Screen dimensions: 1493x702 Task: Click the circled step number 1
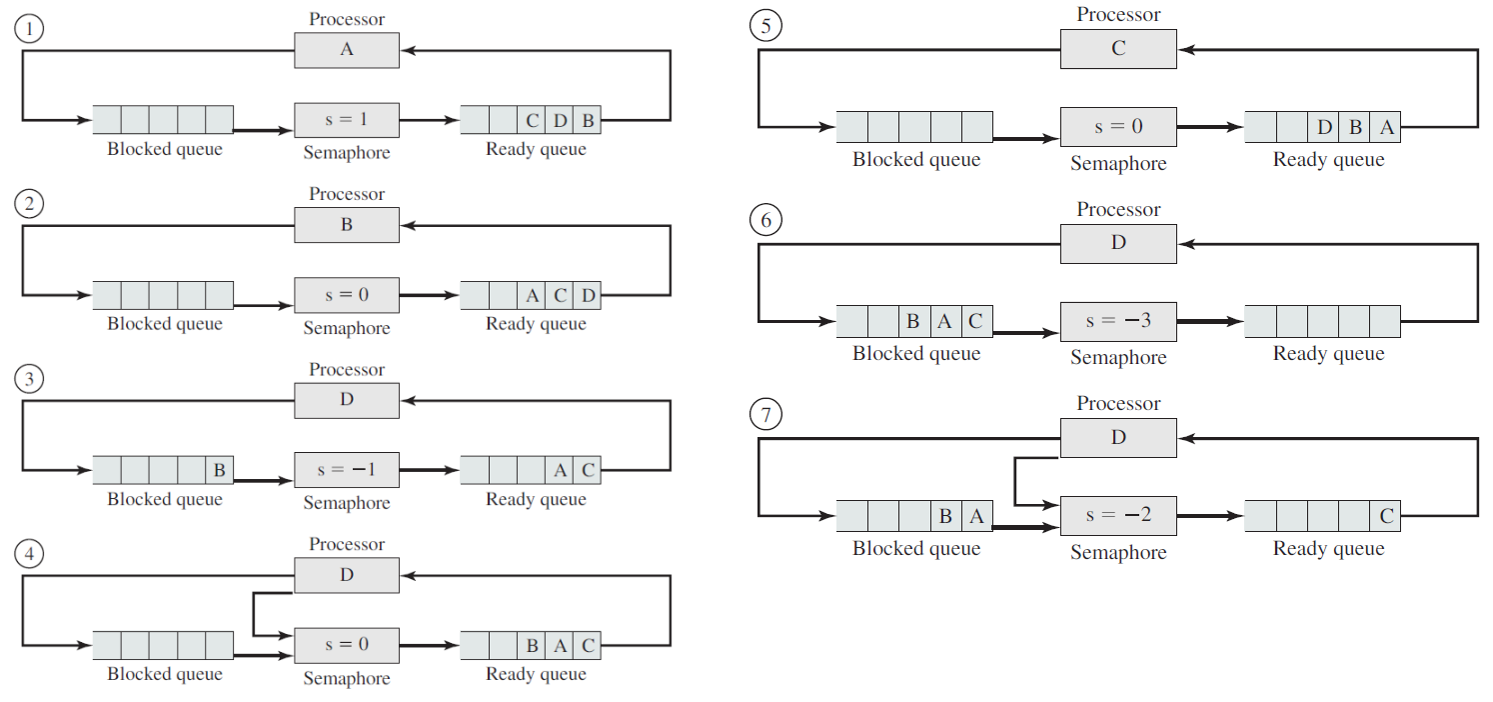tap(29, 29)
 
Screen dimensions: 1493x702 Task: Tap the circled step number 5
tap(765, 26)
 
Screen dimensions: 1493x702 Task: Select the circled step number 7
tap(765, 415)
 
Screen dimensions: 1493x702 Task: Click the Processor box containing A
tap(347, 50)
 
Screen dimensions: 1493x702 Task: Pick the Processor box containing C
tap(1118, 49)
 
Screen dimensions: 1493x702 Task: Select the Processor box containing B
tap(347, 225)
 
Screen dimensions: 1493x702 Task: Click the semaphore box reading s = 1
tap(347, 120)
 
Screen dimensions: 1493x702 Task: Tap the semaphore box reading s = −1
tap(347, 470)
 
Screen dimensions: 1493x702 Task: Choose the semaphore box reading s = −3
tap(1118, 321)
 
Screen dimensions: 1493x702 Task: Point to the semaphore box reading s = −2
tap(1118, 515)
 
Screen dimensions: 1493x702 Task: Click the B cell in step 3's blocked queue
tap(219, 470)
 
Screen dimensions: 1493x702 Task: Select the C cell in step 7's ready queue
tap(1386, 516)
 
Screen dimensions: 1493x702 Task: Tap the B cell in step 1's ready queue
tap(588, 120)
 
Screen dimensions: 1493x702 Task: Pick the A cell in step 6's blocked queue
tap(945, 321)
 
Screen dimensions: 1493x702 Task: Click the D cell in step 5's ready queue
tap(1324, 127)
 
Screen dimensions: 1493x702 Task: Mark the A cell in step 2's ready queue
tap(532, 295)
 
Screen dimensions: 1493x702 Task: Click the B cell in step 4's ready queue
tap(532, 645)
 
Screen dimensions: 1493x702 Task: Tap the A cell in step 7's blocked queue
tap(977, 516)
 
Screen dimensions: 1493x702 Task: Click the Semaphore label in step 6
tap(1118, 357)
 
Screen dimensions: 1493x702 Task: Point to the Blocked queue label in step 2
tap(165, 324)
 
